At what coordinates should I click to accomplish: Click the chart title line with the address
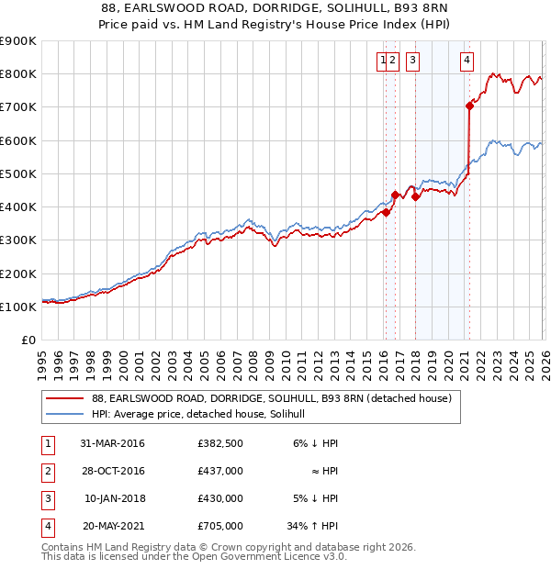point(275,8)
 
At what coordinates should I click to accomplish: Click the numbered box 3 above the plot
point(412,61)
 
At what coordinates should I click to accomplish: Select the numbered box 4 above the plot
point(467,61)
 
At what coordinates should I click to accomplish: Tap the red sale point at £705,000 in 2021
point(469,106)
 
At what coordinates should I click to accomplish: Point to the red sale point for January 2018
point(415,196)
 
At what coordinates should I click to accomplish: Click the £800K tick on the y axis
point(18,73)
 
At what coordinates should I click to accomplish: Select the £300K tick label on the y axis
point(18,240)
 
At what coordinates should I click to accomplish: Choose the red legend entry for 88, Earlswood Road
point(271,399)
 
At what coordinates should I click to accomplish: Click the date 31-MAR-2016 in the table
point(113,443)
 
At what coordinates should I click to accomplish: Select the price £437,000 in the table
point(220,472)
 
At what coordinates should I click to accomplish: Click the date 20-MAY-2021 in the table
point(113,527)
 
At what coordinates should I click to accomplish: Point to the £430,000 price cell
point(220,499)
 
